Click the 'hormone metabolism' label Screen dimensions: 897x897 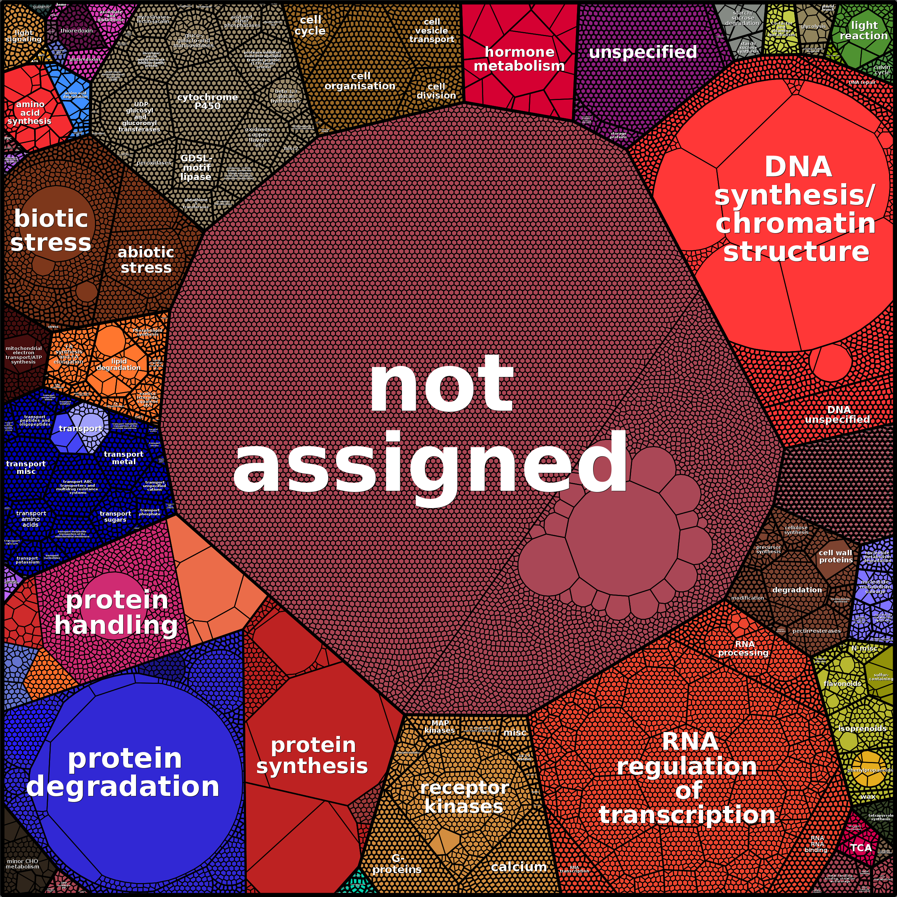pos(519,59)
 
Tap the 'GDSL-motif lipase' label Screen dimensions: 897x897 pos(196,167)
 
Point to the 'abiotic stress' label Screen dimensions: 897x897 pos(146,260)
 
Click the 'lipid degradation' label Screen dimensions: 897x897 pos(119,365)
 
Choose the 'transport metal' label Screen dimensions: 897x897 pos(124,458)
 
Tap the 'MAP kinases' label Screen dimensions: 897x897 pos(439,727)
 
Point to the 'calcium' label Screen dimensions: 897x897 pos(518,866)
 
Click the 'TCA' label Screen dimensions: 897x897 pos(861,848)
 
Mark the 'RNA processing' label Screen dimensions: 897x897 pos(744,648)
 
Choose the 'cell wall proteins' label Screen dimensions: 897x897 pos(836,556)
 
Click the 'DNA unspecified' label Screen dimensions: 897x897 pos(838,415)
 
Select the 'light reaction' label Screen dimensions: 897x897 pos(863,31)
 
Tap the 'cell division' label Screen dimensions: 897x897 pos(436,91)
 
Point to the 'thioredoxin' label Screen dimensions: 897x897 pos(77,31)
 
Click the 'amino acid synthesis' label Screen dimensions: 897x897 pos(30,113)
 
